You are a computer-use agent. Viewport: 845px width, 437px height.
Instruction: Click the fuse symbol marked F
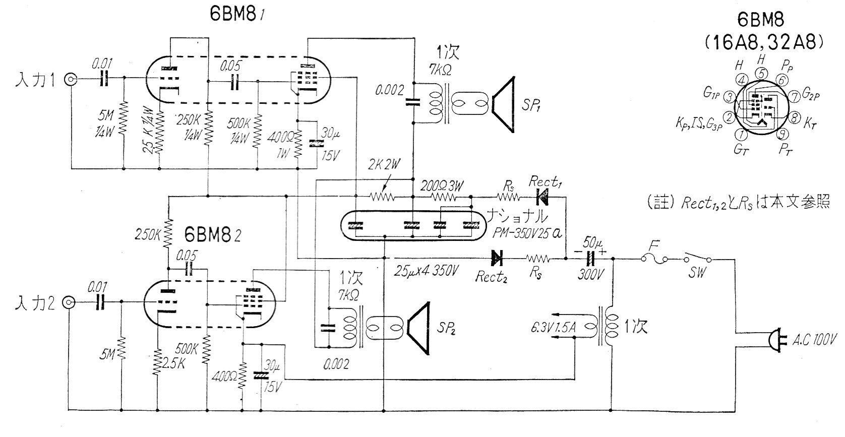click(x=654, y=259)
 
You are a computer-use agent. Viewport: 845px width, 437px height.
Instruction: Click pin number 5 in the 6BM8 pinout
click(x=762, y=73)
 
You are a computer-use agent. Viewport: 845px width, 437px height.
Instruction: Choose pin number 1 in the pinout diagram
click(x=742, y=135)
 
